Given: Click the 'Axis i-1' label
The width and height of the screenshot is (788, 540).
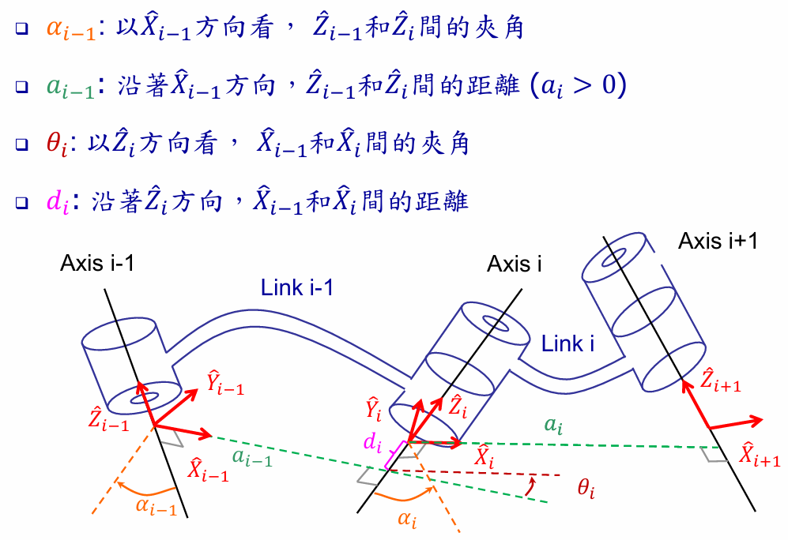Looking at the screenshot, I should (x=96, y=262).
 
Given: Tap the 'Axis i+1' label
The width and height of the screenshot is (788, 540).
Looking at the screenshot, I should (x=718, y=241).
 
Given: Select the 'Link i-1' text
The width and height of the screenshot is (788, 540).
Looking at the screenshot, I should (x=297, y=288).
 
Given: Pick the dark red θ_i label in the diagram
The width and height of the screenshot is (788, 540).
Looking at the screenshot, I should (x=586, y=490).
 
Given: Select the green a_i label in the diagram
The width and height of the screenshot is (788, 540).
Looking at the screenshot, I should (x=552, y=424).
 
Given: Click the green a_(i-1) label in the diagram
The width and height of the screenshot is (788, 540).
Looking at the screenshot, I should (x=252, y=457).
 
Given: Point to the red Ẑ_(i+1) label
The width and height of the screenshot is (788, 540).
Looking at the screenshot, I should (x=722, y=380).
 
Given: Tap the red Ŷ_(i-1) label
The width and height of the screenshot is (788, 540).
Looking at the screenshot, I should (x=224, y=384).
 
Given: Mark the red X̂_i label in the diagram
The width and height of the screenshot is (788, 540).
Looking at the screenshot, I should (x=484, y=458).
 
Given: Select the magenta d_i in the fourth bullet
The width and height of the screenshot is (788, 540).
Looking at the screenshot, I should (x=58, y=201).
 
